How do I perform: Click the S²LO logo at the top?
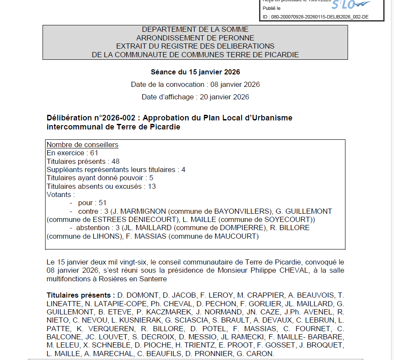pos(350,5)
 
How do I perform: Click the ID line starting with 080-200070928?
pos(315,17)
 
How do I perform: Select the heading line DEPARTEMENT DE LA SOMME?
pos(195,30)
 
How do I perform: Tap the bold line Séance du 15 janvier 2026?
pos(195,72)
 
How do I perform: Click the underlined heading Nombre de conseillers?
pos(82,145)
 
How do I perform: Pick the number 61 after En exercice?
pos(95,153)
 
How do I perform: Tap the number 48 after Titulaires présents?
pos(115,162)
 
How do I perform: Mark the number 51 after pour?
pos(102,203)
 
